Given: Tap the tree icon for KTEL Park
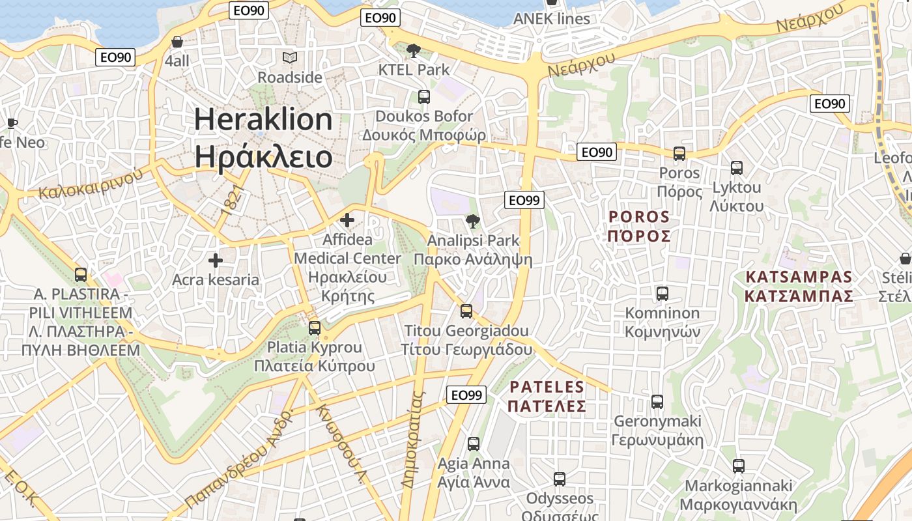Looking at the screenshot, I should [x=413, y=50].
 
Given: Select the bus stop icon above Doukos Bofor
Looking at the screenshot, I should [x=424, y=97].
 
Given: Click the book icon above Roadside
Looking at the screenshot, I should [x=290, y=58].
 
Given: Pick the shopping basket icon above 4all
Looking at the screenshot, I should [x=177, y=42].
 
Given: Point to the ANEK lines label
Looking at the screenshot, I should [x=551, y=18].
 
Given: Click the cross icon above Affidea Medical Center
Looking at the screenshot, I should [x=347, y=220].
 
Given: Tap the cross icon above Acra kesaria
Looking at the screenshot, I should [x=216, y=261].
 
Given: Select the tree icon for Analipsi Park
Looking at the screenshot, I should [x=474, y=221].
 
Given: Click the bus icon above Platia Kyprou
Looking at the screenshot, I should [x=315, y=328].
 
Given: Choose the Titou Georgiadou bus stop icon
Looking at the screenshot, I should [x=466, y=311].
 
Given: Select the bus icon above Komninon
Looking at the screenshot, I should [x=663, y=294].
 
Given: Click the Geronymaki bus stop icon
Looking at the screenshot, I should [x=657, y=401].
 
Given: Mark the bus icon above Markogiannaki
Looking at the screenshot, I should [x=738, y=466].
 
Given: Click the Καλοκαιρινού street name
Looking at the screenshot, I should [x=91, y=184].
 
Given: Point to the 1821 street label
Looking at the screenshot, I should [x=232, y=199].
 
